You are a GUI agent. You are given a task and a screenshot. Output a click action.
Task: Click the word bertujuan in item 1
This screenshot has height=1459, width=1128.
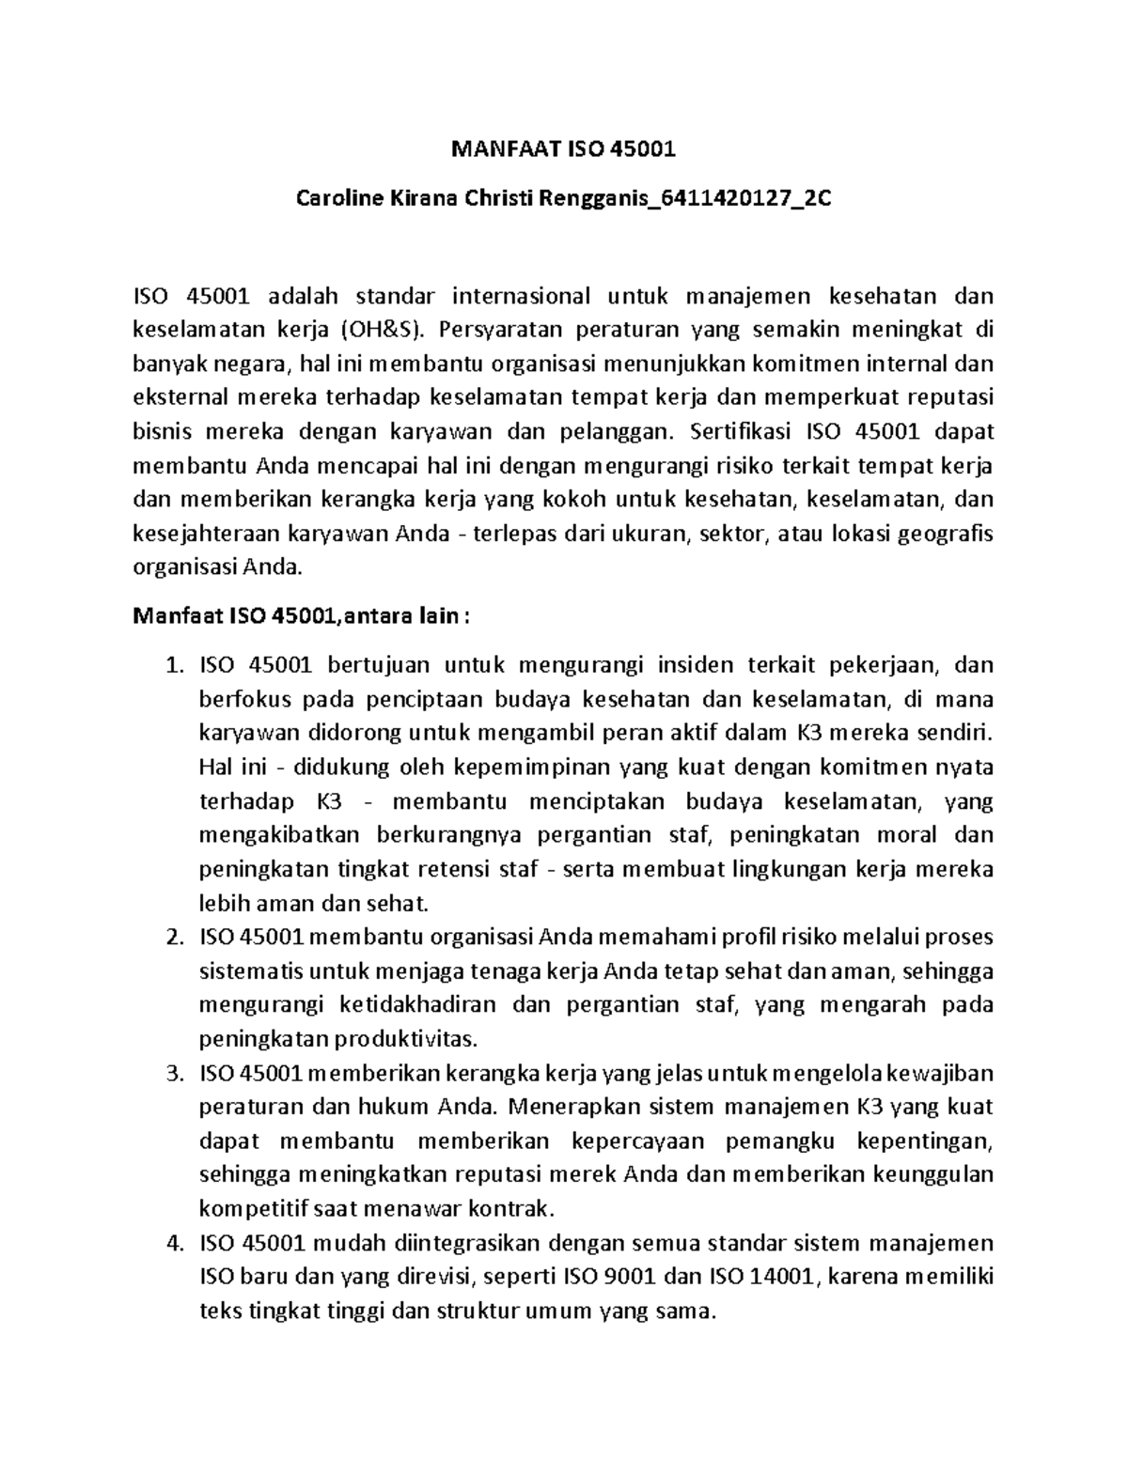pyautogui.click(x=378, y=666)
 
